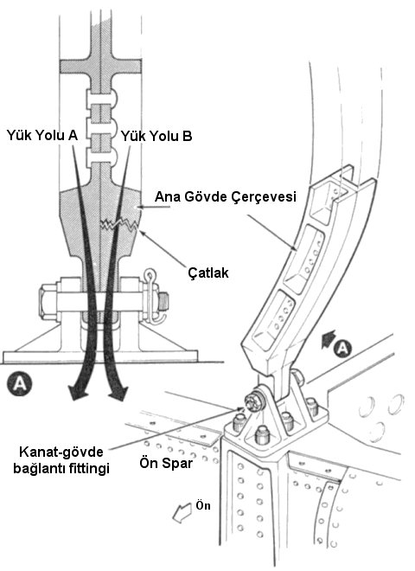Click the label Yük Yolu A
(x=42, y=136)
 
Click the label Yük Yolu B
(x=156, y=136)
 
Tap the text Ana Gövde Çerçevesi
(x=226, y=197)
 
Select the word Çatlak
(x=208, y=273)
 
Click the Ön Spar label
(x=166, y=463)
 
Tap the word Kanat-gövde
(x=61, y=452)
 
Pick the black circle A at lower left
(x=19, y=384)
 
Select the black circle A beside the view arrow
(x=343, y=349)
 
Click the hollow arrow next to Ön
(x=182, y=511)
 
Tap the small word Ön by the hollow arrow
(x=203, y=505)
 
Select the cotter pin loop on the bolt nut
(x=150, y=274)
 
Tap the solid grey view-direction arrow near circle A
(x=328, y=338)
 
